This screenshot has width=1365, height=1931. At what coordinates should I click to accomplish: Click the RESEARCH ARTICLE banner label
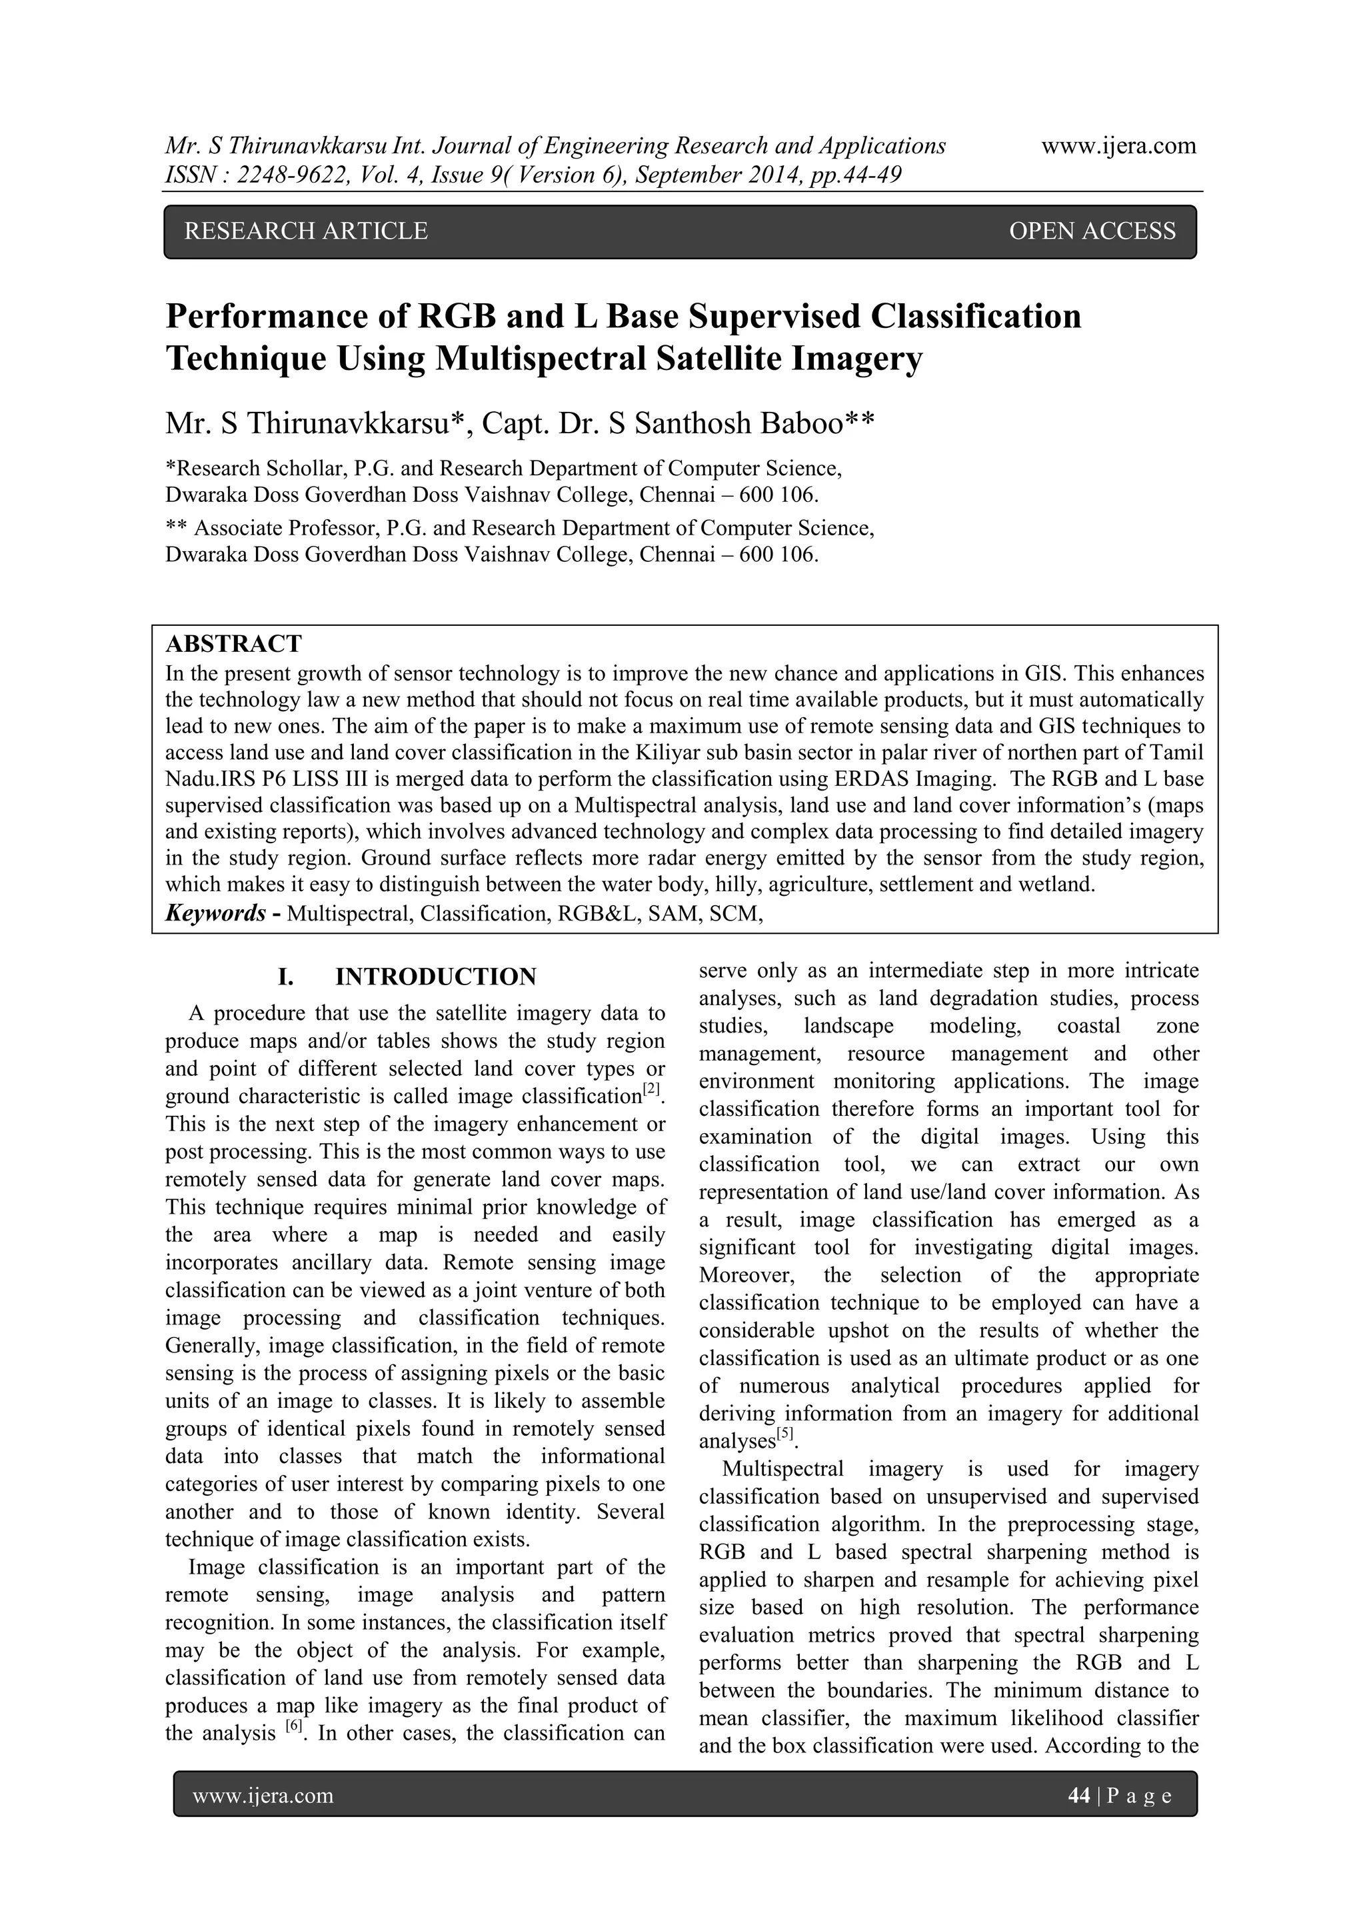point(305,231)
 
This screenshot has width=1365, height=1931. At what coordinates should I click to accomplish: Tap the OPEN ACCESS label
point(1092,231)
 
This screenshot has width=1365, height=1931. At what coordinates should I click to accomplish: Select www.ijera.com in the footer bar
point(263,1796)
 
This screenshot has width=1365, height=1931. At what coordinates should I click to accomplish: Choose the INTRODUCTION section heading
point(436,976)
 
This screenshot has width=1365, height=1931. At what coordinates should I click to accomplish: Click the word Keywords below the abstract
point(215,913)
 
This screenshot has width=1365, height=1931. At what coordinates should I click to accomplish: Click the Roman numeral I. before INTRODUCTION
point(286,976)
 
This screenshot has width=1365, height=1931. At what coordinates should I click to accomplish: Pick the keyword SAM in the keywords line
point(679,913)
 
